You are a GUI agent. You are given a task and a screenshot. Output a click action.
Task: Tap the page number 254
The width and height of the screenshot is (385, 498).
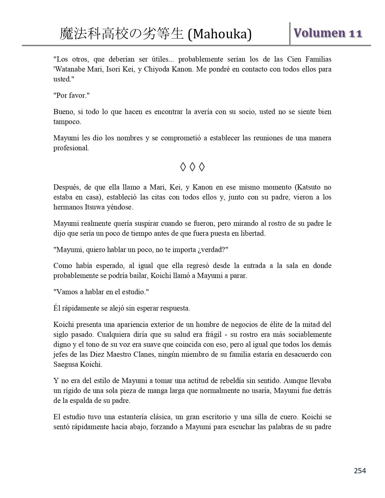(360, 471)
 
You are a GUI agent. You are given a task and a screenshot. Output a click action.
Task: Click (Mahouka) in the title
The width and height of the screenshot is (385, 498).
(220, 34)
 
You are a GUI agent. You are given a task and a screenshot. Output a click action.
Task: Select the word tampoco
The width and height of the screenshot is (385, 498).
(67, 122)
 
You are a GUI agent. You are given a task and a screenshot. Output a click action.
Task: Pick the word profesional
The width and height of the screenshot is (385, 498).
(71, 148)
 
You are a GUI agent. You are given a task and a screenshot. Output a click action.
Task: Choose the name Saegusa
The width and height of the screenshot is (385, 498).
(66, 365)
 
